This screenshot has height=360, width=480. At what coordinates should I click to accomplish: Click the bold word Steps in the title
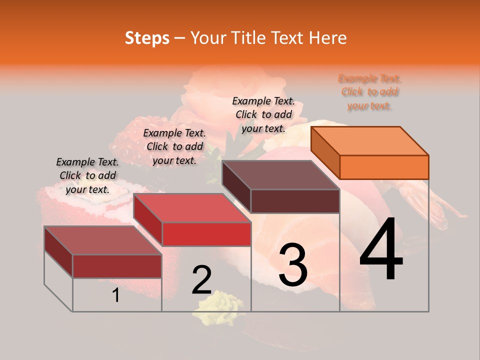point(147,38)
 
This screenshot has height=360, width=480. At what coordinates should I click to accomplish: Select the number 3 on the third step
point(293,265)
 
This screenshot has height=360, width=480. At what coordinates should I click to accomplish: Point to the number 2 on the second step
point(202,280)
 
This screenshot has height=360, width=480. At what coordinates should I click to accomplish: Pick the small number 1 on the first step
point(116,295)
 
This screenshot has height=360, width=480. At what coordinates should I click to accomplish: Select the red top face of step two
point(192,208)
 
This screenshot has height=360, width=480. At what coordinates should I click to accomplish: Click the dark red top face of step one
point(103,240)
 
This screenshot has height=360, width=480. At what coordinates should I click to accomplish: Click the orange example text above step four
point(369,92)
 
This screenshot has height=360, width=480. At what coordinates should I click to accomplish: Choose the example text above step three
point(263,114)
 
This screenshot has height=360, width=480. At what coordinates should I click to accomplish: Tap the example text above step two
point(174,146)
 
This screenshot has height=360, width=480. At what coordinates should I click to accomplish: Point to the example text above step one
point(87,175)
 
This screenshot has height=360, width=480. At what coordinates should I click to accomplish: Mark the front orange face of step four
point(384,167)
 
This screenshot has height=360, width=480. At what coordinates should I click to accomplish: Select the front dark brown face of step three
point(295,201)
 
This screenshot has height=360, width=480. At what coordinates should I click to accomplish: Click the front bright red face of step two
point(206,234)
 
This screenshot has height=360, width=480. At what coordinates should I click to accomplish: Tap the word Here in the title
point(327,38)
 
